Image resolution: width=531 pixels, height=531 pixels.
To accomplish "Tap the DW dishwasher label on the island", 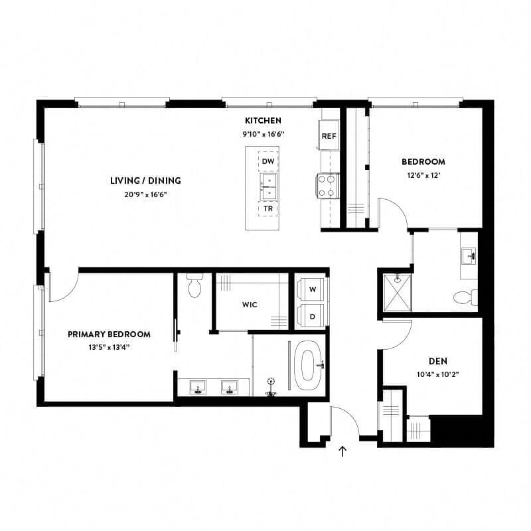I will point(268,161).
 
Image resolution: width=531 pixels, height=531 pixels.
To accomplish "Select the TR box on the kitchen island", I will point(268,208).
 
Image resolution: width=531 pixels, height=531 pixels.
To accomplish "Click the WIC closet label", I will point(250,305).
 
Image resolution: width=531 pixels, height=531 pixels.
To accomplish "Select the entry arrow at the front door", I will point(343,452).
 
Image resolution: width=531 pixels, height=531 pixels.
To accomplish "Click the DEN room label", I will point(437,361).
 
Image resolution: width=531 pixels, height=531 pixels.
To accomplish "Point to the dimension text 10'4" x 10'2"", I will point(437,375).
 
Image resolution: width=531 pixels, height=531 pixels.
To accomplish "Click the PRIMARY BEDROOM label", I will point(109,335).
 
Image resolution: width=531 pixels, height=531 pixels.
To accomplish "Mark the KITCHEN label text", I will point(264,121).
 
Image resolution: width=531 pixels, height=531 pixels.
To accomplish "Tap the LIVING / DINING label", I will point(145,181).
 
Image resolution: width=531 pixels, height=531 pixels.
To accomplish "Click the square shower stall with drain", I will point(396,292).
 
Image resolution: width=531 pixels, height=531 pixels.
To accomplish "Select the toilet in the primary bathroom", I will point(194,287).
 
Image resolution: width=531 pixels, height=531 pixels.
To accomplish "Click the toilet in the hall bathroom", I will point(466,297).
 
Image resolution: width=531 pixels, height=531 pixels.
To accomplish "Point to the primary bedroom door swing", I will point(64,285).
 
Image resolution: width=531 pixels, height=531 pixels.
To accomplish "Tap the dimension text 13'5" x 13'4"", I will point(109,348).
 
